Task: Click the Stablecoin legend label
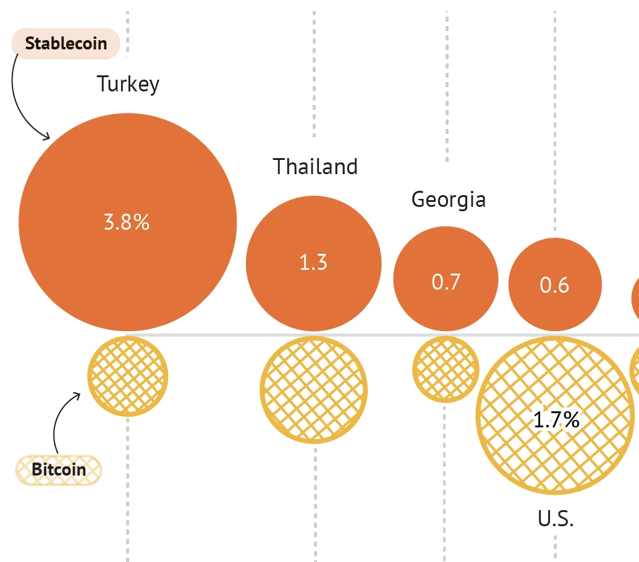(66, 44)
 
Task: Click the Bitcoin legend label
(59, 470)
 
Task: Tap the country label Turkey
(128, 84)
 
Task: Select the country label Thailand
(315, 167)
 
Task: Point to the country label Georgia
(448, 200)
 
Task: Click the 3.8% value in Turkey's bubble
(127, 222)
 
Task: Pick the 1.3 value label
(313, 263)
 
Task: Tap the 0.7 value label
(446, 282)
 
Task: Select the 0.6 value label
(554, 285)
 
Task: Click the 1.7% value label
(556, 421)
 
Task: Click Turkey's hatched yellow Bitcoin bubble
(128, 376)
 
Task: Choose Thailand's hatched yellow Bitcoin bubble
(314, 390)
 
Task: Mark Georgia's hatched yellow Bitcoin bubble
(446, 369)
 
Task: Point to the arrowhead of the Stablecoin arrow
(48, 136)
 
